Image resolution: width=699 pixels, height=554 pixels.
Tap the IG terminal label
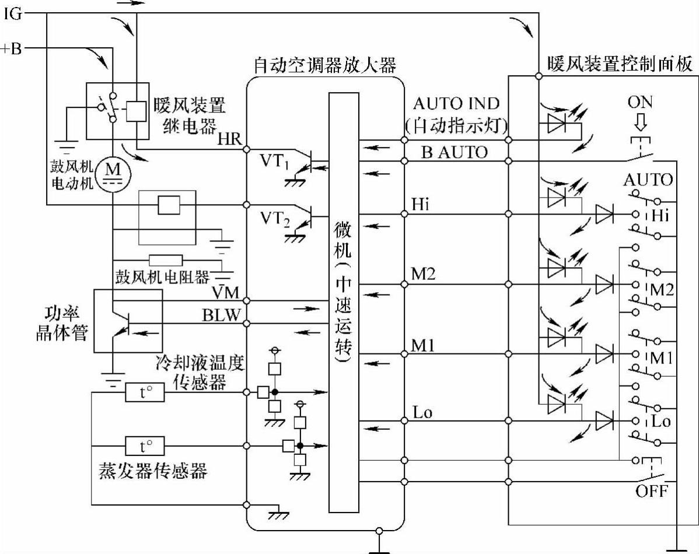point(13,13)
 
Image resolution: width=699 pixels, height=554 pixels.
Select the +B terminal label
point(12,48)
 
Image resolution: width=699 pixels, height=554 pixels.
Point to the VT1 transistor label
point(275,162)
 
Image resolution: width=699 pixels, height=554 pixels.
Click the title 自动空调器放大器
point(326,65)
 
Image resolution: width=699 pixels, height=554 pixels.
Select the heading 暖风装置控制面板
point(620,64)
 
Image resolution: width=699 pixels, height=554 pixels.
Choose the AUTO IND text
point(456,104)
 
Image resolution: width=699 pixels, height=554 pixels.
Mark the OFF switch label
point(651,490)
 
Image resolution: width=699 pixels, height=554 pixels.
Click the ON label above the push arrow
point(640,103)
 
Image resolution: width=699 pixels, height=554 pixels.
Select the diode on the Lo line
point(604,420)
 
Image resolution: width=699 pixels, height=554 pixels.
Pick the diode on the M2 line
point(604,284)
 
